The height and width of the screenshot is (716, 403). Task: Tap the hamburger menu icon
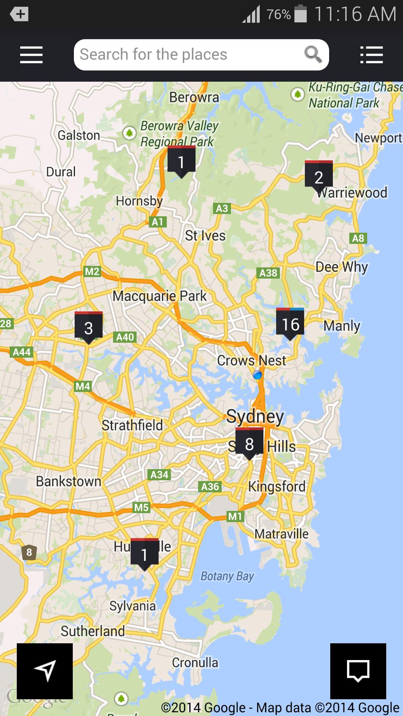(x=31, y=55)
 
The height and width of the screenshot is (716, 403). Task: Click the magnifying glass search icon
(x=313, y=54)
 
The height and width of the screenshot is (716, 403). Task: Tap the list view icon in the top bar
(x=371, y=55)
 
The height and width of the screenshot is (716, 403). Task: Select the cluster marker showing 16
(x=290, y=323)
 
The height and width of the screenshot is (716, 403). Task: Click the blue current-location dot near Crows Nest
(x=257, y=375)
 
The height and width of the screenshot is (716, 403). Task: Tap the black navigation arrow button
(x=45, y=671)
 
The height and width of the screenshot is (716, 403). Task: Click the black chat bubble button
(x=358, y=671)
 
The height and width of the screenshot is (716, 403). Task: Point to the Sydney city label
(x=255, y=416)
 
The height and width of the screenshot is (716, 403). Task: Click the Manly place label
(x=341, y=326)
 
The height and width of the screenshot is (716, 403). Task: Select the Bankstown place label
(x=69, y=481)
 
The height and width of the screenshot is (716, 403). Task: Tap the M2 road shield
(x=92, y=271)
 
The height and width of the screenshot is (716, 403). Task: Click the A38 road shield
(x=268, y=273)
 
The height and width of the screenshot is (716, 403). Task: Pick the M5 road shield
(x=141, y=508)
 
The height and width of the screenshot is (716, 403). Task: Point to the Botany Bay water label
(x=227, y=576)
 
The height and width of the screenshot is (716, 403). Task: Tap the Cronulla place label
(x=195, y=663)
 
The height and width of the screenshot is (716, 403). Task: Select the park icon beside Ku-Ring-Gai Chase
(x=297, y=94)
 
